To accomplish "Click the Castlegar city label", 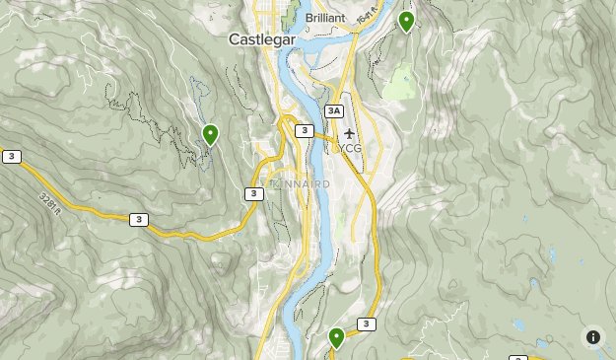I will tap(262, 39).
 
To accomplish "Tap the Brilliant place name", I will tap(325, 18).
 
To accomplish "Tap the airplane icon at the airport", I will tap(349, 133).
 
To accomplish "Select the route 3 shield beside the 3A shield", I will tap(305, 130).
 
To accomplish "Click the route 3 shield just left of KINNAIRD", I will tap(254, 193).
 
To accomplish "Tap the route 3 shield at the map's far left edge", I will tap(11, 156).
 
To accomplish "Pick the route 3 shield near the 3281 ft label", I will tap(139, 219).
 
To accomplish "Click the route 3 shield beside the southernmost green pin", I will tap(367, 324).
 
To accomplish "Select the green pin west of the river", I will tap(210, 134).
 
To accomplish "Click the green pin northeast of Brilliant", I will tap(406, 21).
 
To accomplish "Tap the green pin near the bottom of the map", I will tap(337, 338).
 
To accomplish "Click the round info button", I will tap(593, 337).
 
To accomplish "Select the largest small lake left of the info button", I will tap(518, 324).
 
